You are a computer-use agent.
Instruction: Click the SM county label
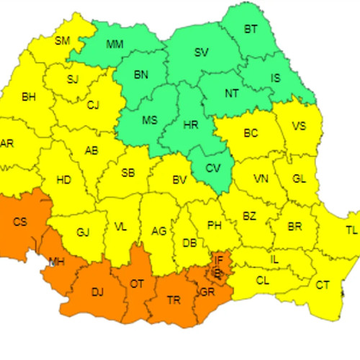[x=63, y=40]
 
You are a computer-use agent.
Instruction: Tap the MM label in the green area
[x=114, y=45]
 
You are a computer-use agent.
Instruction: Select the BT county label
[x=251, y=30]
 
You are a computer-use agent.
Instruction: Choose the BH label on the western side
[x=29, y=96]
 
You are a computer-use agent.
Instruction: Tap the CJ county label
[x=92, y=105]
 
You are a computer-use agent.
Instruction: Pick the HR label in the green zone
[x=191, y=125]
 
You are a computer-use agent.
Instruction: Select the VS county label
[x=299, y=126]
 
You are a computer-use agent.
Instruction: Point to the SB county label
[x=127, y=173]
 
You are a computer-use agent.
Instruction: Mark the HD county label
[x=63, y=180]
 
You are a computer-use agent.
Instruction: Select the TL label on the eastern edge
[x=351, y=230]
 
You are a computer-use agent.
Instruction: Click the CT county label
[x=323, y=285]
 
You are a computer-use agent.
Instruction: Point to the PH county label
[x=214, y=225]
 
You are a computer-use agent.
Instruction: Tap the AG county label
[x=160, y=231]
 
